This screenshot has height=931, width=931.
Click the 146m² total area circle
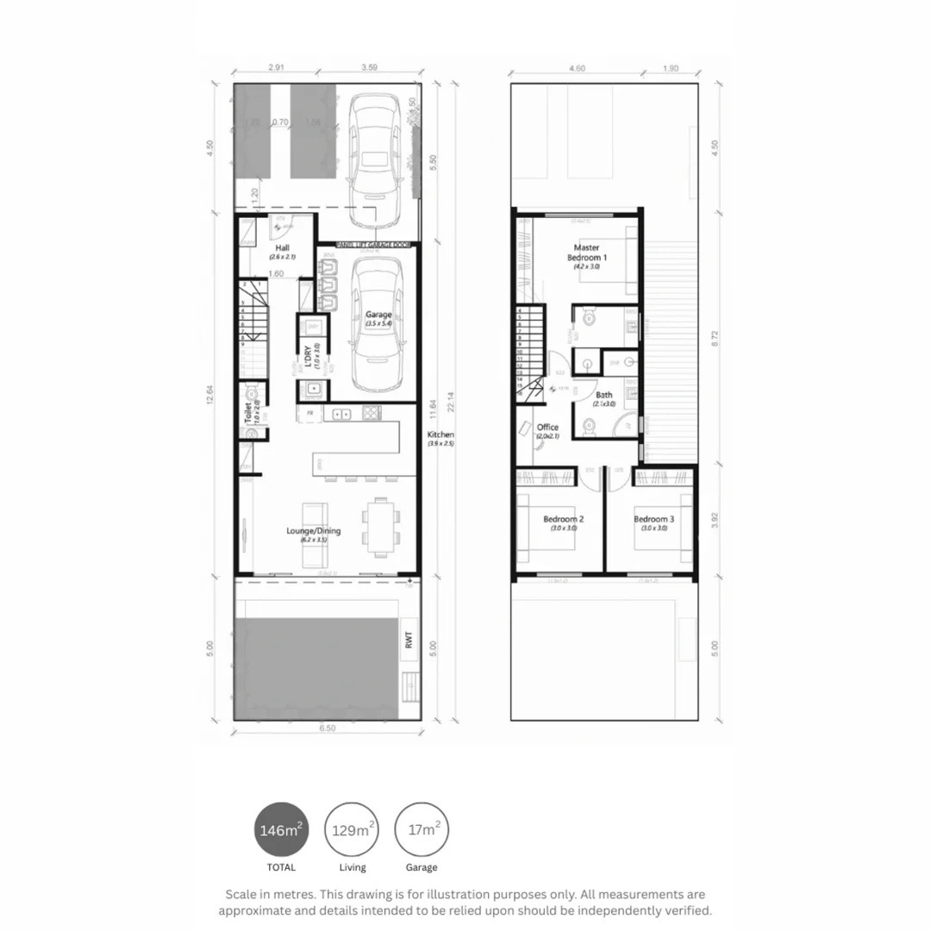(x=281, y=831)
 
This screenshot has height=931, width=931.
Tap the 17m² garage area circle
(x=422, y=831)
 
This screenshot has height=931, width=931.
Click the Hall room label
(x=283, y=248)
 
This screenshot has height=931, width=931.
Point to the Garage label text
(x=378, y=315)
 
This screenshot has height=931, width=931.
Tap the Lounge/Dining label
(x=313, y=531)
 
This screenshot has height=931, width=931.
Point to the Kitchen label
(x=441, y=435)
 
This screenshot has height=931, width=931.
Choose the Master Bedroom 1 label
(x=586, y=253)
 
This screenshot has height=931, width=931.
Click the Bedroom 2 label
(x=564, y=519)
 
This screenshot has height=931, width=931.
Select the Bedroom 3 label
(x=653, y=519)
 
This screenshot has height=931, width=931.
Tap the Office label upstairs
(x=547, y=428)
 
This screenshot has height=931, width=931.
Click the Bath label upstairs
(x=603, y=396)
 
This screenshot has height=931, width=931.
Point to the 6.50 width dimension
(x=328, y=728)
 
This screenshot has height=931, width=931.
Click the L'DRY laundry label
(x=308, y=356)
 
